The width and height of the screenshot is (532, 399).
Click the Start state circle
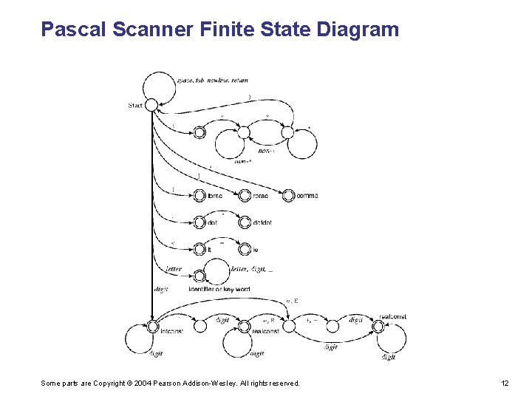(151, 105)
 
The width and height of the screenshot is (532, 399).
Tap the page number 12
(505, 383)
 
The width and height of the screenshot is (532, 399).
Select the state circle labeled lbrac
(198, 195)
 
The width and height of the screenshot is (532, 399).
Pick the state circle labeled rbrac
(244, 195)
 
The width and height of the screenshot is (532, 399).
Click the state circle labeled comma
(288, 195)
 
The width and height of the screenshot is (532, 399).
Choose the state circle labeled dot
(198, 222)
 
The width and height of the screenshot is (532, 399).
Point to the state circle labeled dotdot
(244, 222)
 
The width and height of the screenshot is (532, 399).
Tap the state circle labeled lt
(198, 250)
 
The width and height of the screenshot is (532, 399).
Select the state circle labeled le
(244, 250)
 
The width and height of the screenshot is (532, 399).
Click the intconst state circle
(153, 326)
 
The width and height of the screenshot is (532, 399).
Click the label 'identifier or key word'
(219, 289)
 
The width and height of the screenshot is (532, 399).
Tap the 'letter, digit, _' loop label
(252, 270)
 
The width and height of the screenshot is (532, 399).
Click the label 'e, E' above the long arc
(291, 301)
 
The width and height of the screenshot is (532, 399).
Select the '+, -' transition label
(312, 321)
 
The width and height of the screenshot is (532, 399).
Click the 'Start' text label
(135, 106)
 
